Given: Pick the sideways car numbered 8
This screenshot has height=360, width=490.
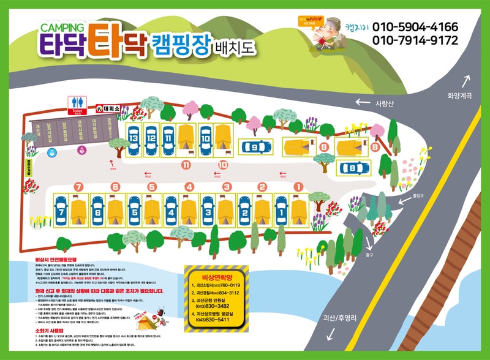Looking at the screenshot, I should pos(352,167).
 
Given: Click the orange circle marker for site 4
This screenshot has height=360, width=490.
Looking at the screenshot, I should pos(190,187).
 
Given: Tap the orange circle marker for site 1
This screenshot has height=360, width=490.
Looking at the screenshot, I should pos(298,187).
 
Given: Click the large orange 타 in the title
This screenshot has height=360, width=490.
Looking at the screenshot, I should pos(107,39).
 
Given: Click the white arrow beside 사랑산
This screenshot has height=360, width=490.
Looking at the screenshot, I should pos(364,103).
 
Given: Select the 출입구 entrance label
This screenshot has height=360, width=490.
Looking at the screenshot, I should pos(419,197).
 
